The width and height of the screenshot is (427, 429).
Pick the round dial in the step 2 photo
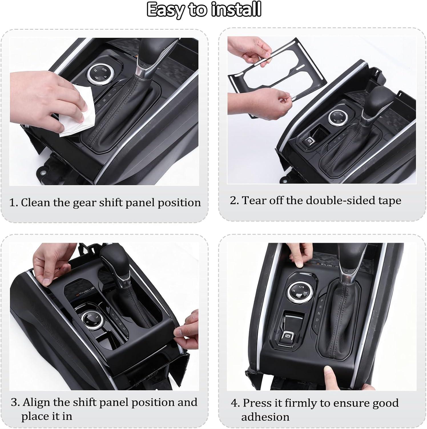pyautogui.click(x=337, y=117)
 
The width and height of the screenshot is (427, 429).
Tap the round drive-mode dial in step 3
pyautogui.click(x=89, y=319)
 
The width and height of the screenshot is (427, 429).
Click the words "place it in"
pyautogui.click(x=47, y=416)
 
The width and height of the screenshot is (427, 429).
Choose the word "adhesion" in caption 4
pyautogui.click(x=265, y=417)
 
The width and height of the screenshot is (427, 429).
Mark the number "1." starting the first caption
pyautogui.click(x=14, y=203)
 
